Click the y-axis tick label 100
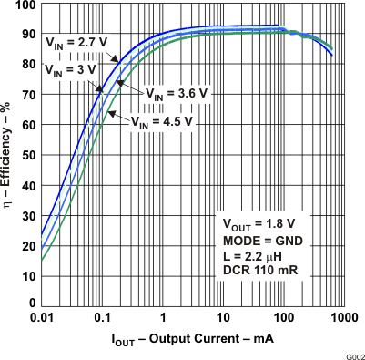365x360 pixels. point(26,5)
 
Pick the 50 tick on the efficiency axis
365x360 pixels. point(29,154)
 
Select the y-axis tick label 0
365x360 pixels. point(33,303)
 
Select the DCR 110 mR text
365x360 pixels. point(261,273)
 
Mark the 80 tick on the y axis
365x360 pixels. point(29,65)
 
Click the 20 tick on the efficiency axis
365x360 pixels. point(29,243)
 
